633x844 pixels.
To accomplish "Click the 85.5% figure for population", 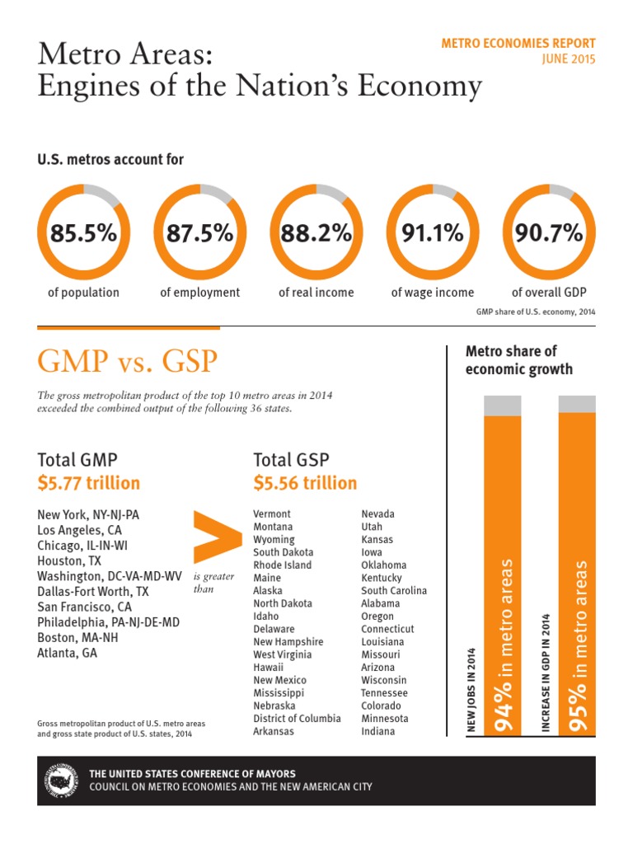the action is [83, 233].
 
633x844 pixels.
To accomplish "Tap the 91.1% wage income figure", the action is [432, 233].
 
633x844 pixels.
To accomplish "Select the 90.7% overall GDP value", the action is [548, 233].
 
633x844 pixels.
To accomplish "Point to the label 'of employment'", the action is [199, 293].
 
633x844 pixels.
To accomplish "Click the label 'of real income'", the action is [316, 293].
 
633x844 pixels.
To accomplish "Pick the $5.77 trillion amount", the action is [89, 483].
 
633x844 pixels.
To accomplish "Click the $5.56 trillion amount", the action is [305, 483].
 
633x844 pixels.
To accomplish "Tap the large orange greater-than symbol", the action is [218, 537].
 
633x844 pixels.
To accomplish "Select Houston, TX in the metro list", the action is [69, 560].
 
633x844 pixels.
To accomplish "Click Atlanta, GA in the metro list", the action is [68, 653].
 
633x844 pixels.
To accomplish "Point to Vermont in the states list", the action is [272, 514].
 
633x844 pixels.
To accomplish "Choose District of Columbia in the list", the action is [297, 719].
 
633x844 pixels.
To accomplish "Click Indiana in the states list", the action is [377, 732].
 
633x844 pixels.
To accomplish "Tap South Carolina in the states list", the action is [394, 590].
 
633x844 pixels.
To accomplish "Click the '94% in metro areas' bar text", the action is [504, 645].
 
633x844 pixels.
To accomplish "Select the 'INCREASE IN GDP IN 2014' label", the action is [546, 673].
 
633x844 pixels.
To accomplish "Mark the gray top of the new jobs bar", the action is [503, 406].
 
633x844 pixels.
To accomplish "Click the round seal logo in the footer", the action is [60, 781].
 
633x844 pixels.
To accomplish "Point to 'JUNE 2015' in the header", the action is [569, 59].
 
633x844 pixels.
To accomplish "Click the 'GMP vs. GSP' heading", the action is [128, 361].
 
